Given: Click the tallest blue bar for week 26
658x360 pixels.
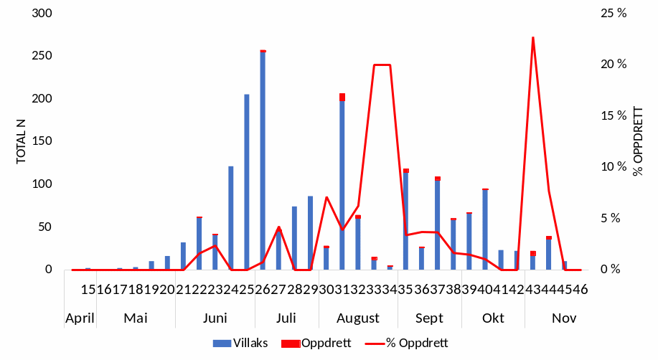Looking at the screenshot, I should click(263, 161).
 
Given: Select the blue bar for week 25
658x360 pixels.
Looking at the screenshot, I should click(247, 182).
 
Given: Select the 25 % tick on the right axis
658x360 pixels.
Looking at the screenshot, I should click(614, 14).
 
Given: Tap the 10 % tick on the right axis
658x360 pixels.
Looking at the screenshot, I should click(614, 167).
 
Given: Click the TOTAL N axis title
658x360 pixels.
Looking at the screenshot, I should click(22, 141).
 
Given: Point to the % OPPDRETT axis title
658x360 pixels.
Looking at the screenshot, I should click(638, 141).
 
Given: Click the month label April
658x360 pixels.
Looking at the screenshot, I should click(80, 318).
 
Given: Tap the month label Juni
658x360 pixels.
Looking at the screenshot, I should click(215, 318).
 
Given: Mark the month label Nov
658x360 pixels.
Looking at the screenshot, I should click(564, 318).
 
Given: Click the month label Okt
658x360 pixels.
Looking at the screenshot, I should click(493, 318).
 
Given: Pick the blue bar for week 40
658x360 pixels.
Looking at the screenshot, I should click(485, 229).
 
